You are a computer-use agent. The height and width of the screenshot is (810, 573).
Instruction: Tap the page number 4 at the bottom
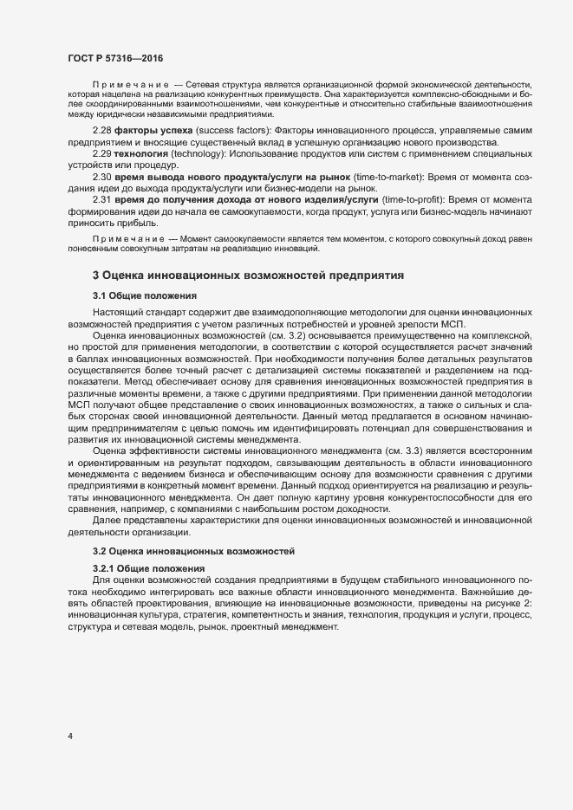pyautogui.click(x=69, y=736)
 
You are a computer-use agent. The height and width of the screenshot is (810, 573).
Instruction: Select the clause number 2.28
pyautogui.click(x=101, y=130)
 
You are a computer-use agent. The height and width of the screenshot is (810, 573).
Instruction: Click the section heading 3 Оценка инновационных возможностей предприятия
pyautogui.click(x=243, y=275)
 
